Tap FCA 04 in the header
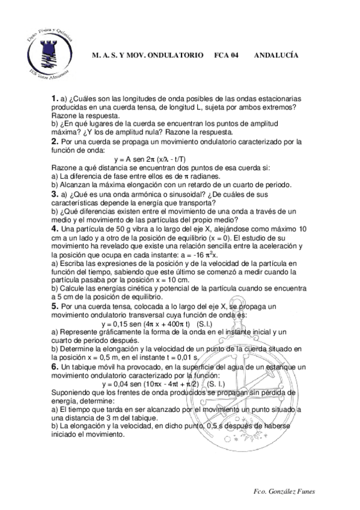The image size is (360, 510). coord(227,54)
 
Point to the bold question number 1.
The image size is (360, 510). coord(54,98)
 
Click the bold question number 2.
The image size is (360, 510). coord(54,141)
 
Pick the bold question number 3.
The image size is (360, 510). coord(54,194)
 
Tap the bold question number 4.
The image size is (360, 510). coord(54,229)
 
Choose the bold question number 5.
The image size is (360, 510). coord(54,307)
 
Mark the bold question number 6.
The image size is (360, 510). coord(54,366)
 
